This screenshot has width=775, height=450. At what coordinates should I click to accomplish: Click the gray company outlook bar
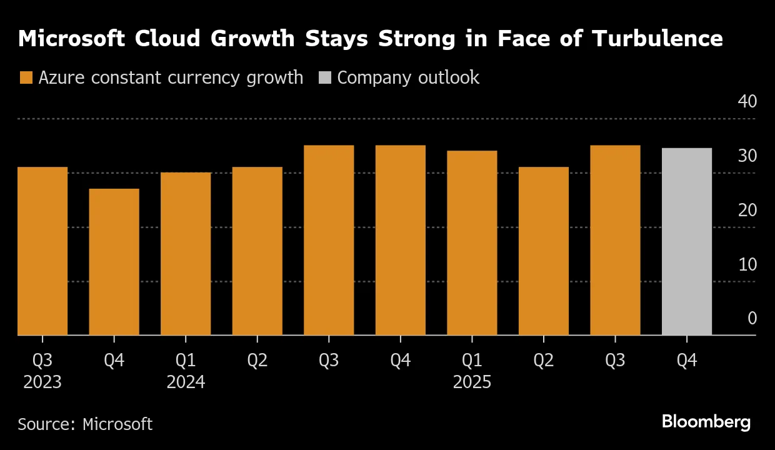click(x=687, y=242)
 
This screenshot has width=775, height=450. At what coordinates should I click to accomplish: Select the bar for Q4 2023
click(x=114, y=262)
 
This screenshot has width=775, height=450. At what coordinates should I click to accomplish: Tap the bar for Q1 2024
click(x=186, y=254)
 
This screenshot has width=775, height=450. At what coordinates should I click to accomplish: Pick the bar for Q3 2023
click(x=42, y=251)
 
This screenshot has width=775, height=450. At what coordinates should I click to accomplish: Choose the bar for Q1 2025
click(x=472, y=243)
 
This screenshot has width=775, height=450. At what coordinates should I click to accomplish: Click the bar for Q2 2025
click(x=544, y=251)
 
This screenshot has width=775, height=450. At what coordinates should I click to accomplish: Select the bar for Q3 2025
click(x=615, y=241)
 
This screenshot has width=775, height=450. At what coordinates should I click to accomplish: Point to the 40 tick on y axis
click(x=747, y=101)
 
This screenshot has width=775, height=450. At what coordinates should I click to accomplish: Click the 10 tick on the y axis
click(x=747, y=264)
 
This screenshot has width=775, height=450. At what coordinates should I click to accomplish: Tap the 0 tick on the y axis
click(x=752, y=319)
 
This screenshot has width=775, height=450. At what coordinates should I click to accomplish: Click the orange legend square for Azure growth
click(x=26, y=78)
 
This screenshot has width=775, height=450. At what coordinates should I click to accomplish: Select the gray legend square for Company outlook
click(x=325, y=78)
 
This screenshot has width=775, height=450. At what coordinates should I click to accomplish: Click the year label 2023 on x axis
click(x=42, y=382)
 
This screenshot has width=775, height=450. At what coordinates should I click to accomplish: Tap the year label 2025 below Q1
click(x=472, y=382)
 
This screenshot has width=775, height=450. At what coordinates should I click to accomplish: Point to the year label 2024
click(x=186, y=382)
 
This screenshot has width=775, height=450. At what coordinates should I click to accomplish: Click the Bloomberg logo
click(x=706, y=422)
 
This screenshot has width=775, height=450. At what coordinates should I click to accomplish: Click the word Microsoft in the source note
click(x=117, y=424)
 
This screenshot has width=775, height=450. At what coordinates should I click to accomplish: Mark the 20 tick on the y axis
click(x=747, y=210)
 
